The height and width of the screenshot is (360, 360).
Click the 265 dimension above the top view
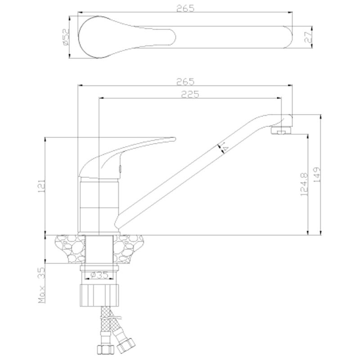pos(185,8)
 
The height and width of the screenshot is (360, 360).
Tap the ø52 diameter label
pos(65,37)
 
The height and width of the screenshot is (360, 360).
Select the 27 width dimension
pos(308,37)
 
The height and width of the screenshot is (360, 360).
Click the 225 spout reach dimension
pos(190,94)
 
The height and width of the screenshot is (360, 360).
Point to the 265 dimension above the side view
pos(185,81)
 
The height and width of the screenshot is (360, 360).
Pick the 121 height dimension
pos(42,186)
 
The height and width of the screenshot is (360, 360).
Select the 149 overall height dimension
pos(317,175)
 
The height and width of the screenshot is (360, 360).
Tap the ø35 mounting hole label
pos(99,275)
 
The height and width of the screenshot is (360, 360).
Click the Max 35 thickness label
pos(42,285)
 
